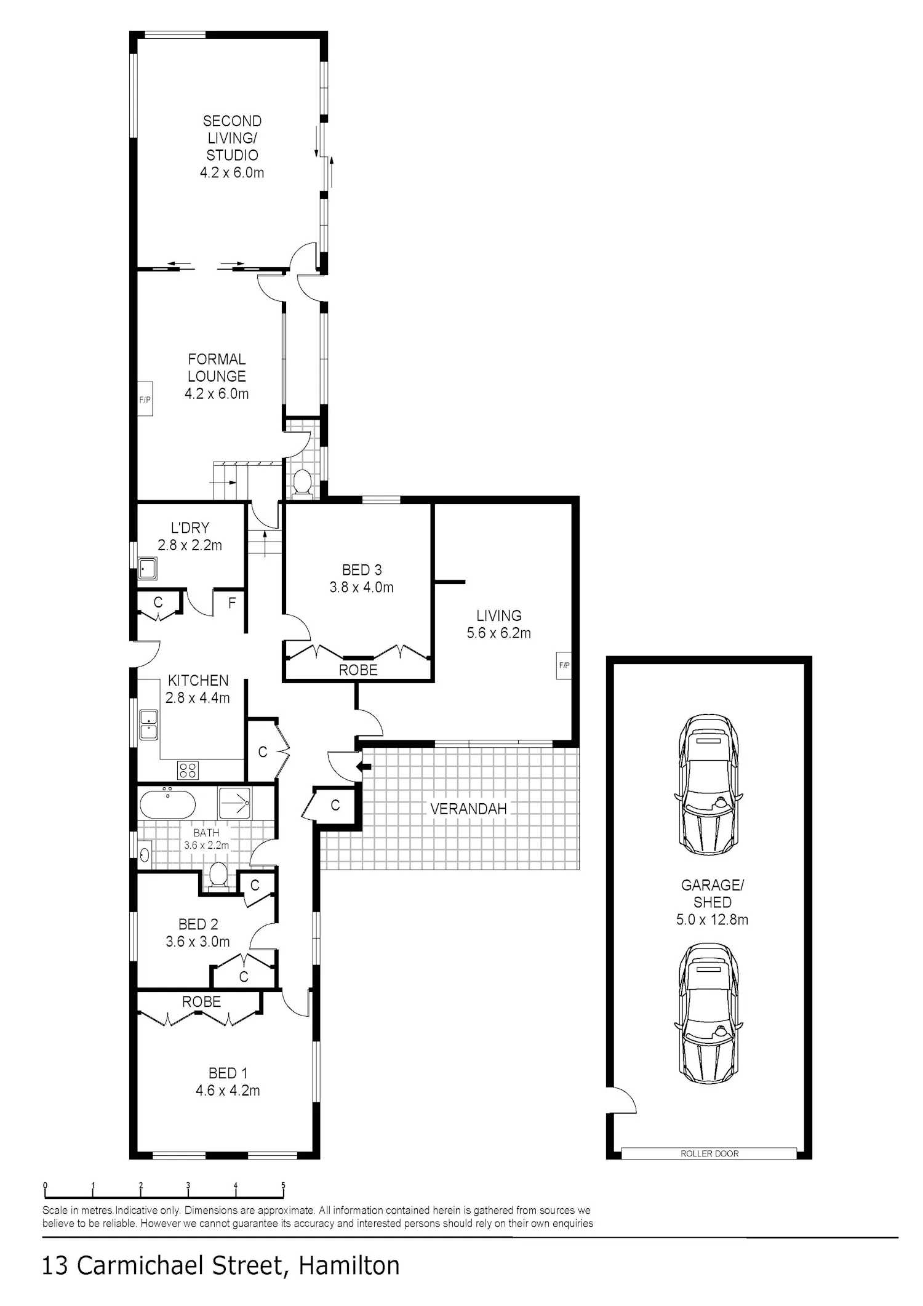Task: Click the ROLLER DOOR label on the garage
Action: click(x=709, y=1153)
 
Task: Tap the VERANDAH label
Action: click(x=468, y=809)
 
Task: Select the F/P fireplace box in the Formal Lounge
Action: click(x=145, y=399)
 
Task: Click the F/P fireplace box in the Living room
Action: click(x=564, y=665)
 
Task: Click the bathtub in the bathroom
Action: click(x=167, y=804)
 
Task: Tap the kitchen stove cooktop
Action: click(x=188, y=770)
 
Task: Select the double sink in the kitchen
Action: click(x=149, y=724)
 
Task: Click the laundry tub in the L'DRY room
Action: click(x=148, y=569)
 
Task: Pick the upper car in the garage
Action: click(x=709, y=785)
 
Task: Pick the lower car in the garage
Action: click(x=709, y=1014)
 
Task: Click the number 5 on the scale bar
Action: click(x=283, y=1185)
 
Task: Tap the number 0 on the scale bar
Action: click(x=45, y=1185)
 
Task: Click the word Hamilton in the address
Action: click(x=349, y=1267)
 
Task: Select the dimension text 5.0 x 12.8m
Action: click(x=713, y=919)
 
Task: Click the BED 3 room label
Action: click(x=362, y=570)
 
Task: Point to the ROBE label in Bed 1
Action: click(x=201, y=1002)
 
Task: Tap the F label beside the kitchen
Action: click(x=232, y=603)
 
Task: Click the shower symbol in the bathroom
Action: click(x=234, y=803)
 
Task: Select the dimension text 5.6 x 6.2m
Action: click(x=498, y=633)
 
